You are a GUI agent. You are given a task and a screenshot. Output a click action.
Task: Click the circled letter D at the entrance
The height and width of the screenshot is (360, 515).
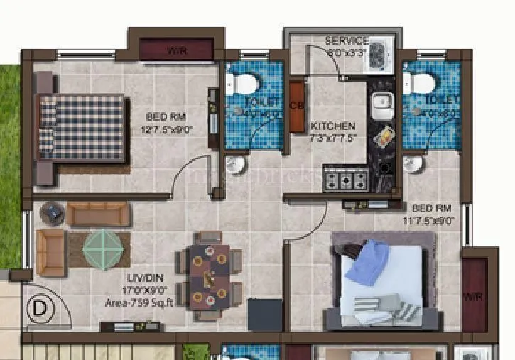pos(40,310)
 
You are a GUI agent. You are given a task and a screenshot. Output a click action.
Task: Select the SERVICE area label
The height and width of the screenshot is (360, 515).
pos(347,41)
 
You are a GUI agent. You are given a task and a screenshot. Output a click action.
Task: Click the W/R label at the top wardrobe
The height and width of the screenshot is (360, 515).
pos(176,50)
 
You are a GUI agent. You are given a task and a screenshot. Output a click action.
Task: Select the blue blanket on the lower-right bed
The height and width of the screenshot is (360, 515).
pos(367,261)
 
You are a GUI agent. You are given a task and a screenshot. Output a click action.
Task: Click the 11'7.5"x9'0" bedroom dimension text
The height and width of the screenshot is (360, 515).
pos(431,221)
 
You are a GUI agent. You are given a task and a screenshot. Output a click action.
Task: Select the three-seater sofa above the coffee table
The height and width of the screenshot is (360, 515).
pos(99,214)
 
